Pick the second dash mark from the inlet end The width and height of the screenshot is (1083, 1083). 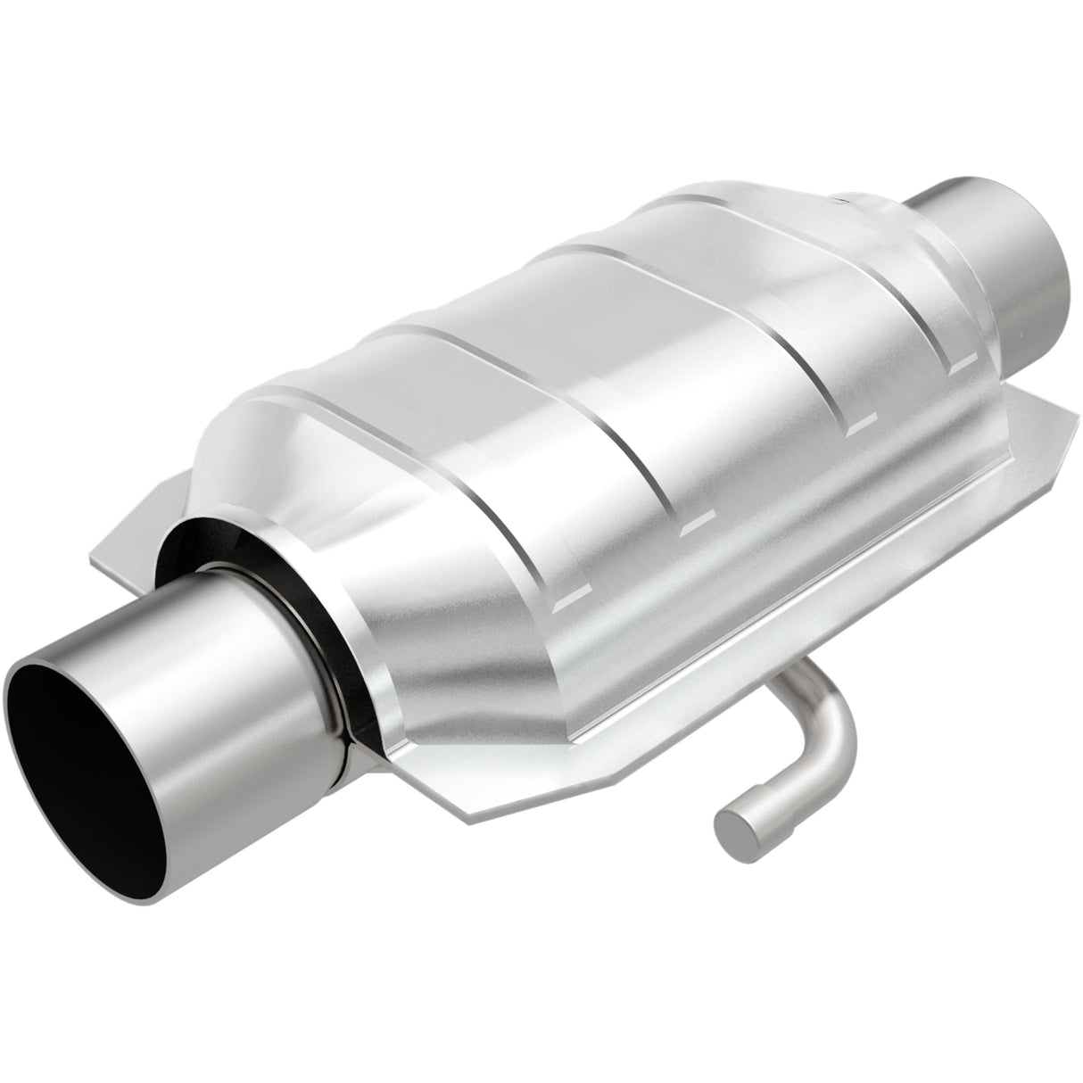click(693, 525)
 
